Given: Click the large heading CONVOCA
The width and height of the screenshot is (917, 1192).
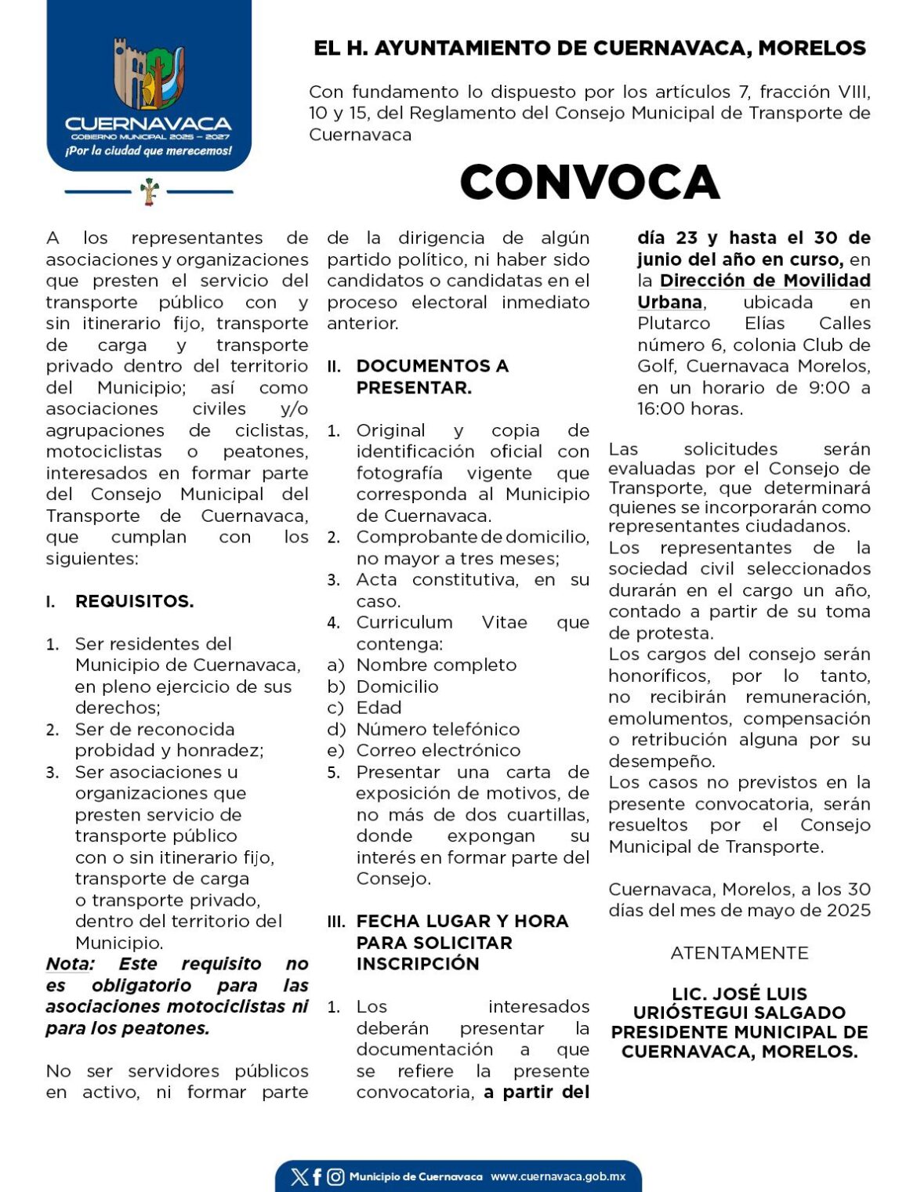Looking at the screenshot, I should click(x=589, y=182).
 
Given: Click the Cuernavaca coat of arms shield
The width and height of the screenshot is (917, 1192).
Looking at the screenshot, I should click(x=149, y=75).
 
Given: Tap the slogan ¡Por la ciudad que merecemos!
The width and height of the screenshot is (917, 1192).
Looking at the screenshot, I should click(x=148, y=150).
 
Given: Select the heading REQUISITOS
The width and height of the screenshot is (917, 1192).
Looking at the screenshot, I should click(x=134, y=601).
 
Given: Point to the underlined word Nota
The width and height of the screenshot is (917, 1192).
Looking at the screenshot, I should click(x=70, y=963).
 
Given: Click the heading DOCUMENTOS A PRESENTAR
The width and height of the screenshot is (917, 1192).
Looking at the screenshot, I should click(x=432, y=376).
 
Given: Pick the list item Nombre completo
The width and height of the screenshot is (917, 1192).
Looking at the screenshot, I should click(x=436, y=665).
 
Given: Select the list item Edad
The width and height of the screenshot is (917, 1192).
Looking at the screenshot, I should click(x=379, y=708).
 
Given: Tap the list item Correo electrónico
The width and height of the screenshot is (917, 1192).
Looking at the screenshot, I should click(x=438, y=750).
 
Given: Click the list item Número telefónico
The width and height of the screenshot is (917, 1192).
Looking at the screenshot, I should click(x=437, y=729).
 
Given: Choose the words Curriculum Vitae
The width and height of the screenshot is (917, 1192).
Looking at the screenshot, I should click(x=443, y=622).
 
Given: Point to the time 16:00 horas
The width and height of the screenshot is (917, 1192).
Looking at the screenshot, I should click(x=690, y=408).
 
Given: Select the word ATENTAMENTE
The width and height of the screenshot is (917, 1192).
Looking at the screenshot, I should click(x=739, y=953).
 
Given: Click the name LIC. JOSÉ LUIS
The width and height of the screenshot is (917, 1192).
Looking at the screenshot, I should click(x=739, y=994).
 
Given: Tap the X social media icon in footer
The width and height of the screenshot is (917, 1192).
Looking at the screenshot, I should click(x=299, y=1176).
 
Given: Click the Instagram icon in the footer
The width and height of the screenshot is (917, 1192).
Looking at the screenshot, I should click(x=335, y=1176).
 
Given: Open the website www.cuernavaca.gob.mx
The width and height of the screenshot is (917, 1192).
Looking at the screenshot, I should click(x=558, y=1176).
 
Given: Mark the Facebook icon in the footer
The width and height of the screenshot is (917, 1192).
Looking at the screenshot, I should click(x=317, y=1176).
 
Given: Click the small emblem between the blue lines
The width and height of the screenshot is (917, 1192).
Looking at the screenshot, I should click(x=149, y=190).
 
